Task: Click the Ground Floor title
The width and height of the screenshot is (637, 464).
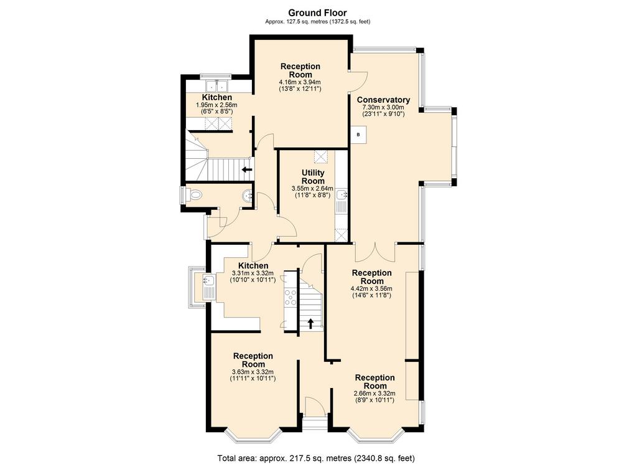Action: coord(317,12)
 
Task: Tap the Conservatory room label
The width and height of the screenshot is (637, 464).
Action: coord(383,100)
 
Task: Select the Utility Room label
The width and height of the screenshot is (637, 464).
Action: coord(313,177)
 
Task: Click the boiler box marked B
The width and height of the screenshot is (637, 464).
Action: coord(359,135)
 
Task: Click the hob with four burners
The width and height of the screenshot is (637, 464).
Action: coord(291,297)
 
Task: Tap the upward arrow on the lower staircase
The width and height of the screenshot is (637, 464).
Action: coord(311,323)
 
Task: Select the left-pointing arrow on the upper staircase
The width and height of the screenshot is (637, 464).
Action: coord(246,169)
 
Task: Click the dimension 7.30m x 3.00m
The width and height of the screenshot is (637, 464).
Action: coord(383,107)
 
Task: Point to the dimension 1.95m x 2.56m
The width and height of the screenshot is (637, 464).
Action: coord(216,105)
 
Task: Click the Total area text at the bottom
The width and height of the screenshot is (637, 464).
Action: coord(316,458)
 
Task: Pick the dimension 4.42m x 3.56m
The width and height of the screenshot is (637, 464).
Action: coord(372,289)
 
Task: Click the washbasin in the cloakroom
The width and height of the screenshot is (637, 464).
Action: coord(248,196)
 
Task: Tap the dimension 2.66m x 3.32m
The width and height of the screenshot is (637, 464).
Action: coord(374,393)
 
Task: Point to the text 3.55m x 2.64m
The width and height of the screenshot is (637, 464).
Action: coord(312,188)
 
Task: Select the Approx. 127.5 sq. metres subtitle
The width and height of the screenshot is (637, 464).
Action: coord(317,22)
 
